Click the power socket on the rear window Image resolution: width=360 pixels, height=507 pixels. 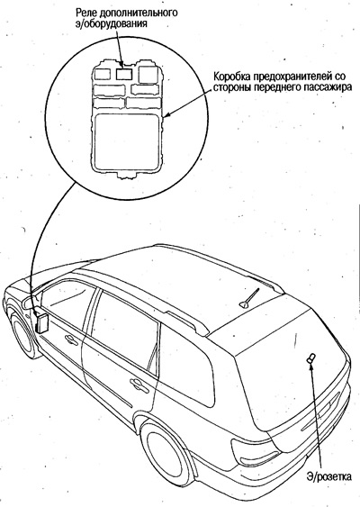(310, 358)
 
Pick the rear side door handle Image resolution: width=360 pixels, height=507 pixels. (139, 385)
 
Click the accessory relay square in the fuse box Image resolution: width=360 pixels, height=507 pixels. (124, 74)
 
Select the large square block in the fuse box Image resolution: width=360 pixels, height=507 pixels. (127, 139)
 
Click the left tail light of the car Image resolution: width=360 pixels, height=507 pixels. (256, 453)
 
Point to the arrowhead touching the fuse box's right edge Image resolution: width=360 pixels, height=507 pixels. (167, 113)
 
